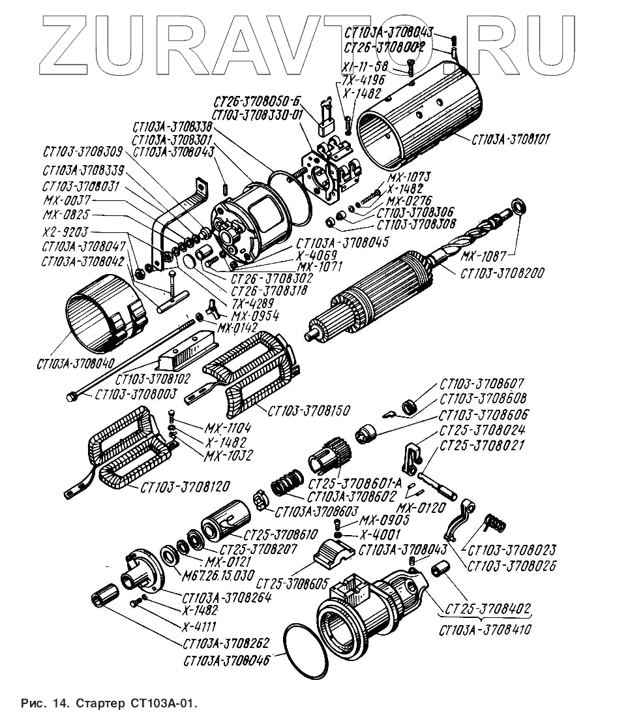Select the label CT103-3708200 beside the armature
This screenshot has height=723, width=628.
[x=502, y=273]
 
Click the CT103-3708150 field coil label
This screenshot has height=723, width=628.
[x=308, y=411]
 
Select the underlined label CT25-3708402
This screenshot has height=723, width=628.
[x=488, y=609]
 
